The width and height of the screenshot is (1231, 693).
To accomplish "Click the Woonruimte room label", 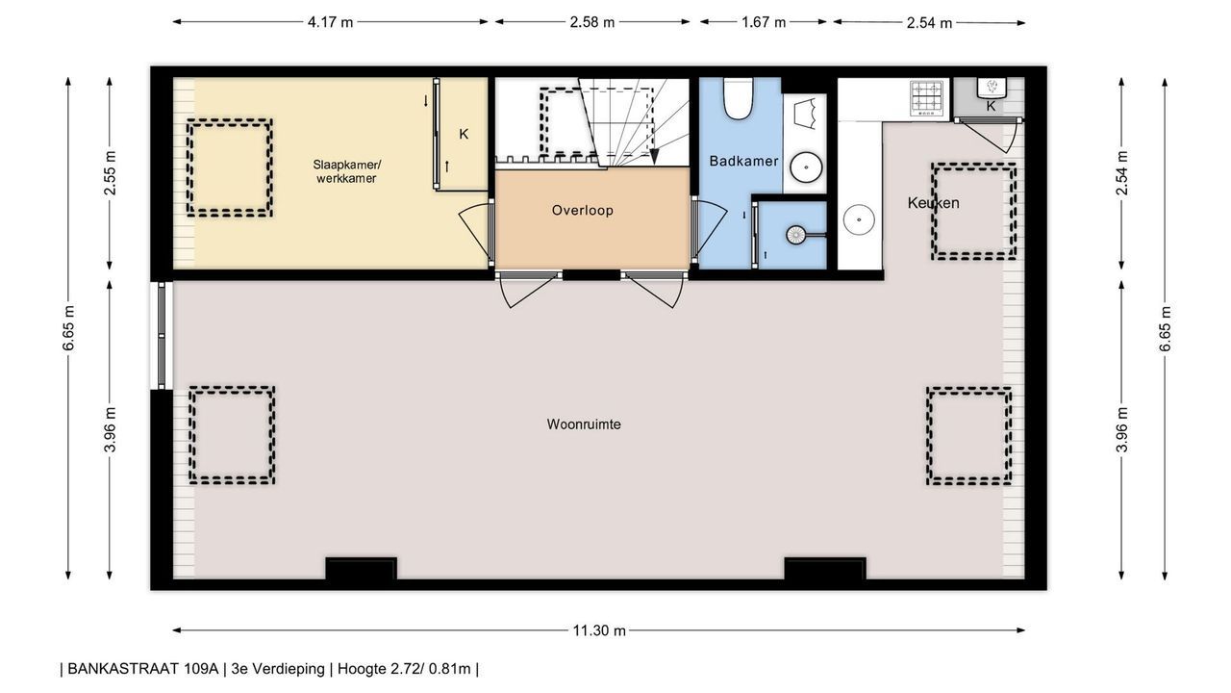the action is (584, 424).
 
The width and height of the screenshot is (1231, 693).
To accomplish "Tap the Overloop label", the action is (583, 210).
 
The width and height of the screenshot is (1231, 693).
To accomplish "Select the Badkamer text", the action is (743, 161).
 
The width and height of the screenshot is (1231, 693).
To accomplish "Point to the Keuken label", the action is (933, 203).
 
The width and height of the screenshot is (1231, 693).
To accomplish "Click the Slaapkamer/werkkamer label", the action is (346, 171).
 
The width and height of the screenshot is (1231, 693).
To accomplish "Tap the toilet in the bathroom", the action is (738, 98).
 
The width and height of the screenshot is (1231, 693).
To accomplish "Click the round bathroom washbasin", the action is (806, 167).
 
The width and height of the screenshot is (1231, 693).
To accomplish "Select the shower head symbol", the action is (795, 235).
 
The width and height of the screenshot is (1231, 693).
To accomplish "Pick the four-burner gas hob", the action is (929, 98).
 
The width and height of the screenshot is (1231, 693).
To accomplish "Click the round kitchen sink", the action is (859, 220).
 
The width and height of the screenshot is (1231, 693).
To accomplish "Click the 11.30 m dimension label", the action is (599, 630).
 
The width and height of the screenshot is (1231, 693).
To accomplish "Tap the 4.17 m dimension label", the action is (330, 22).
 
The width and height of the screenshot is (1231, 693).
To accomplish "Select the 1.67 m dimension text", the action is (764, 22).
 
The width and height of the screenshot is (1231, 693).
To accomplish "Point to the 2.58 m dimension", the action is (591, 22).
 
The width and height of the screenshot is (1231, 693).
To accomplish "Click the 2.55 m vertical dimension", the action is (111, 172).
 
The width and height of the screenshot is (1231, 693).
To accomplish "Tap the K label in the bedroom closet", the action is (464, 134).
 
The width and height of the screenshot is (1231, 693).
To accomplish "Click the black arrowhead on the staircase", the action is (654, 157).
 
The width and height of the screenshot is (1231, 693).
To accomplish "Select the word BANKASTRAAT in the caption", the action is (143, 669).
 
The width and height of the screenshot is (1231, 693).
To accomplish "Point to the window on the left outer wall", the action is (162, 336).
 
